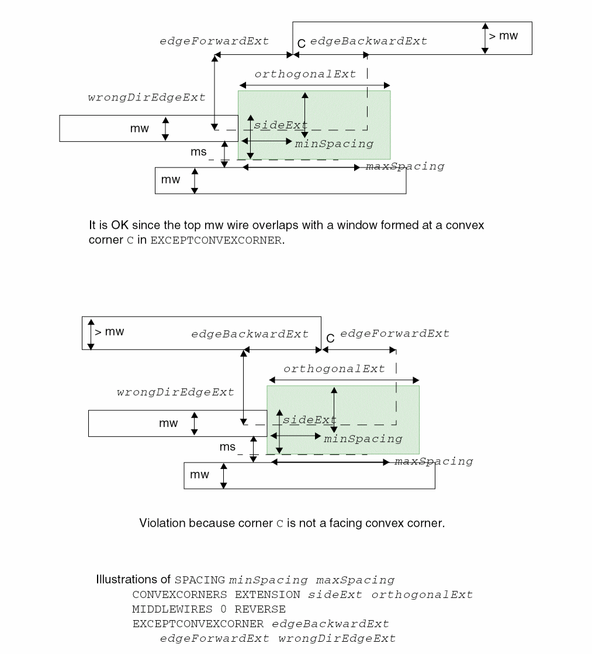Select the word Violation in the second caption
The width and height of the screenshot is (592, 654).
(x=160, y=523)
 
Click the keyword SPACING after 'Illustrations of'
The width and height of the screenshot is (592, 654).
(x=200, y=580)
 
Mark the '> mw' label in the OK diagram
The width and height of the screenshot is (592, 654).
(x=503, y=36)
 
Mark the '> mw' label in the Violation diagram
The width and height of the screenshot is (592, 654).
(x=110, y=332)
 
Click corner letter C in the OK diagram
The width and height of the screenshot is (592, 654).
(x=302, y=43)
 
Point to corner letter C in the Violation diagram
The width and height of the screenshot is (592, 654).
(x=330, y=338)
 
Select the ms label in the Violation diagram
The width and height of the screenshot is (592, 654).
(x=227, y=447)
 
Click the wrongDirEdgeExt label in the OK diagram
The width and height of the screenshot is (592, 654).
(x=147, y=98)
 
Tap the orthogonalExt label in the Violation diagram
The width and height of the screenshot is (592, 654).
(x=334, y=369)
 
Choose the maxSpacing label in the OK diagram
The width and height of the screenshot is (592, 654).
(x=405, y=166)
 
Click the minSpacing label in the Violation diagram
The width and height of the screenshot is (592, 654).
(x=363, y=439)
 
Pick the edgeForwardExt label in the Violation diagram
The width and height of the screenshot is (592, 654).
(x=395, y=333)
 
